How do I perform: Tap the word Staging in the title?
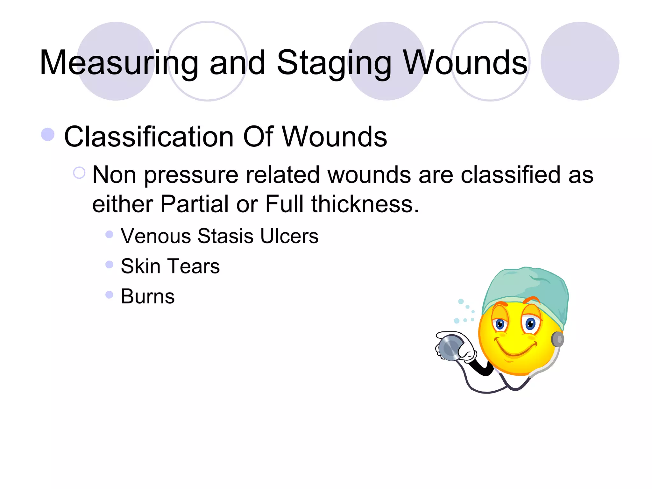[x=334, y=63]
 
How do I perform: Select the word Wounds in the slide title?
[x=465, y=63]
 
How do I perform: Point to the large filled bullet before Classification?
[x=48, y=134]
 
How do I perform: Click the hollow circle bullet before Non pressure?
[x=79, y=173]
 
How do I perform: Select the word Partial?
[x=194, y=204]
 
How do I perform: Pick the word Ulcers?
[x=289, y=236]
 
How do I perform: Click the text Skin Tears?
[x=170, y=266]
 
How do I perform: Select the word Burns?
[x=147, y=296]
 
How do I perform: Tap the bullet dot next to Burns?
[x=109, y=294]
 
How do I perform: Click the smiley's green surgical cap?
[x=528, y=287]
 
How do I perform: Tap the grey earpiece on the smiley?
[x=558, y=339]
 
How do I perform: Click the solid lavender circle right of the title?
[x=580, y=61]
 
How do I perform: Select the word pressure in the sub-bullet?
[x=191, y=175]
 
